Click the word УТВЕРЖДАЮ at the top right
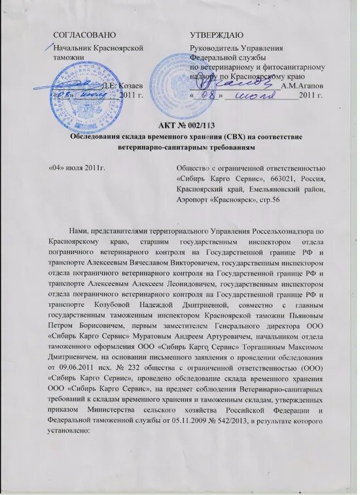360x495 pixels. pyautogui.click(x=217, y=33)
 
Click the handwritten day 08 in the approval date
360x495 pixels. pyautogui.click(x=211, y=96)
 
